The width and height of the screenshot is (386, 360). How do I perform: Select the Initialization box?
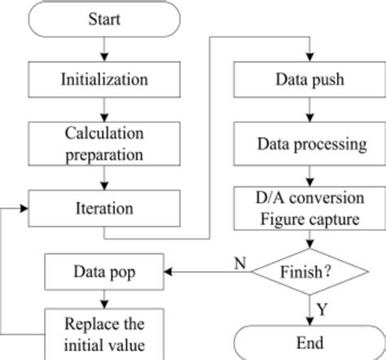[x=104, y=80]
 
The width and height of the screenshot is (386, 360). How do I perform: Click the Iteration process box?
[x=104, y=208]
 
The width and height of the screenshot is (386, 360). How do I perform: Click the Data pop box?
[x=104, y=269]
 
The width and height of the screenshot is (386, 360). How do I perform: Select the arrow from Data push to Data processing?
[x=310, y=112]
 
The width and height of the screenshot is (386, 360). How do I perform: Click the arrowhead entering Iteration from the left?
[x=25, y=208]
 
